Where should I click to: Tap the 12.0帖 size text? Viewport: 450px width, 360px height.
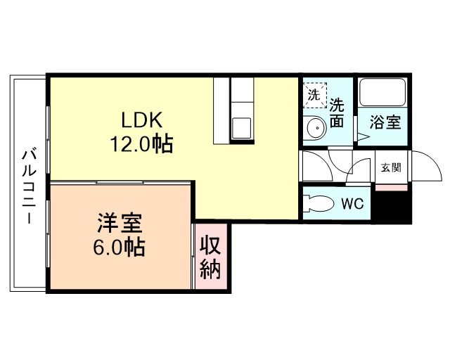pyautogui.click(x=141, y=145)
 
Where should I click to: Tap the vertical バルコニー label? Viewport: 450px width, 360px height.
pyautogui.click(x=28, y=186)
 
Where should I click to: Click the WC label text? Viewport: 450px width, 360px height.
pyautogui.click(x=352, y=205)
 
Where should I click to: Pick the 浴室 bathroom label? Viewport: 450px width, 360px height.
pyautogui.click(x=386, y=121)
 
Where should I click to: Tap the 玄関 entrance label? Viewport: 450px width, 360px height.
pyautogui.click(x=391, y=168)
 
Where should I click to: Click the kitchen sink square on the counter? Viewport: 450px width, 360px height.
pyautogui.click(x=243, y=129)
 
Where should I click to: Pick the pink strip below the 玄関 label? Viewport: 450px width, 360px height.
pyautogui.click(x=391, y=186)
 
